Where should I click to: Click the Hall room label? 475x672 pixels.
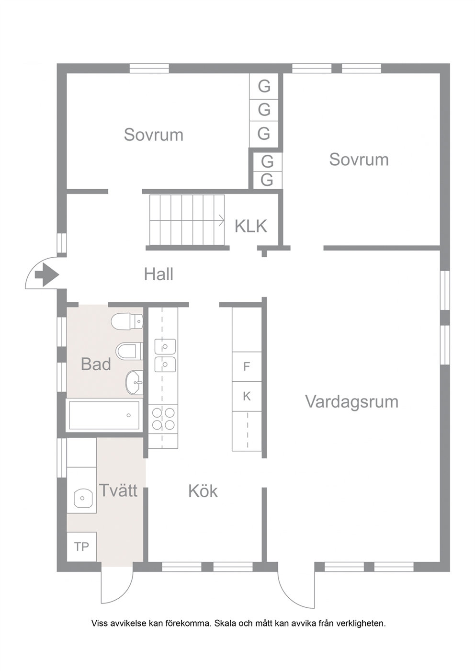pos(158,274)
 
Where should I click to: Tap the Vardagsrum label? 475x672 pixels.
pos(352,402)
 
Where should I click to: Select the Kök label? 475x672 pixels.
pos(203,491)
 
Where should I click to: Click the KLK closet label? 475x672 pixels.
pos(251,227)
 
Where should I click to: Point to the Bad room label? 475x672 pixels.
pos(96,364)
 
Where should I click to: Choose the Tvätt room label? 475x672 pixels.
pos(118,490)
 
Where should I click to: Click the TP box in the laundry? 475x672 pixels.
pos(81,547)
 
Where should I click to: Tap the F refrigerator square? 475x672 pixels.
pos(247,366)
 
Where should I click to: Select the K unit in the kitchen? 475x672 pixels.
pos(247,396)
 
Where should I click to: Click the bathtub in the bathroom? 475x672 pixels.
pos(104,415)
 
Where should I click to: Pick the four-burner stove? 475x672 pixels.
pos(163,419)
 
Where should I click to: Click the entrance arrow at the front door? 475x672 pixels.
pos(47,274)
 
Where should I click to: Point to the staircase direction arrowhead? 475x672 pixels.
pos(222,220)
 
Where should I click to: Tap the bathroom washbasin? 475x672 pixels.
pos(135,383)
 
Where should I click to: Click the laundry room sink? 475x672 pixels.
pos(83,498)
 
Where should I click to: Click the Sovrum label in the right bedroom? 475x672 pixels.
pos(359,159)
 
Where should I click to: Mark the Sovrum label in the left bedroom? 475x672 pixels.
pos(154,135)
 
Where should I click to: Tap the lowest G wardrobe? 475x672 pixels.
pos(267,180)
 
